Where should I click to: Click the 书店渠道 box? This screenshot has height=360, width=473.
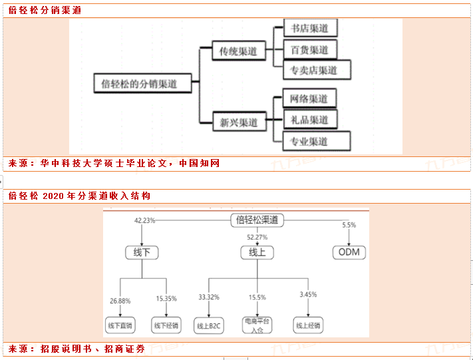point(309,29)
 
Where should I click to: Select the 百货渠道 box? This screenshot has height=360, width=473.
point(309,49)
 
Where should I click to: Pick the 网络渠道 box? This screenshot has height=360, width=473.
point(309,98)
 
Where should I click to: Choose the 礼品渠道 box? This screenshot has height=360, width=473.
point(309,120)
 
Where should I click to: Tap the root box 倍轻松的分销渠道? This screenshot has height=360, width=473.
point(142,84)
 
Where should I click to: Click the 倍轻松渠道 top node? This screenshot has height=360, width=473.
point(257,220)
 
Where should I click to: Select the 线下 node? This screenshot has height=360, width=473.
point(142,253)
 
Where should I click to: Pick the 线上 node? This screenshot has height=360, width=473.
point(257,253)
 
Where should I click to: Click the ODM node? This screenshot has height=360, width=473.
point(349,253)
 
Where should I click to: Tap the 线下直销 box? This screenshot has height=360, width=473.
point(120,325)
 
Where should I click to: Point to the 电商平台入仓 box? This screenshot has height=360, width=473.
point(257,325)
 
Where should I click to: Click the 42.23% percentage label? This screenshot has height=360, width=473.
point(144,220)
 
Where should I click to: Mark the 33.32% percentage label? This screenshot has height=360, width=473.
point(209,297)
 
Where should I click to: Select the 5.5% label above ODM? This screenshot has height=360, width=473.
point(349,225)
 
